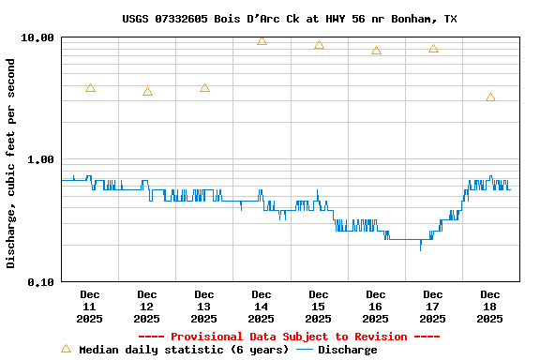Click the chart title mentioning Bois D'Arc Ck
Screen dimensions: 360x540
(x=290, y=19)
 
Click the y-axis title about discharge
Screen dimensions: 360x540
(x=11, y=163)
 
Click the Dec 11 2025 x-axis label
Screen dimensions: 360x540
(x=90, y=307)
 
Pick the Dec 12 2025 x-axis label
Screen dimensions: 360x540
(x=147, y=307)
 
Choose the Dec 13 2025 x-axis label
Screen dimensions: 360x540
(x=204, y=307)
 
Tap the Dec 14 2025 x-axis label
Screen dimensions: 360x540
(x=262, y=307)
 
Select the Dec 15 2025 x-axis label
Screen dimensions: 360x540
(x=319, y=307)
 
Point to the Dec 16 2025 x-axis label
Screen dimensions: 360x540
(x=376, y=307)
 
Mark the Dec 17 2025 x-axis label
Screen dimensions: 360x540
(x=433, y=307)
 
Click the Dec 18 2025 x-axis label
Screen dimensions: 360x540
(x=490, y=307)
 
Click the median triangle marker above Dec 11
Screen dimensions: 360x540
(x=90, y=88)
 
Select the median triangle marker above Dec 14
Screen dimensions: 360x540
(x=262, y=41)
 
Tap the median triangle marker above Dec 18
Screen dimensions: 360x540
(x=490, y=97)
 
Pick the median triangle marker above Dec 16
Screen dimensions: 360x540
(x=376, y=51)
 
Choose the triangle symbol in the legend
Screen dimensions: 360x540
(x=66, y=349)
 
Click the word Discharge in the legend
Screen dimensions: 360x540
(x=347, y=350)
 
